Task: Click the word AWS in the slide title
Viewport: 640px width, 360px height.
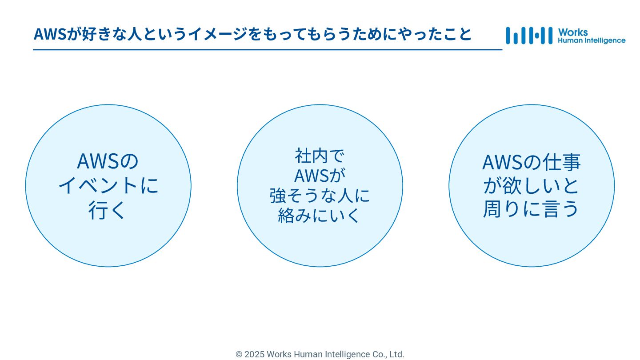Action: tap(50, 34)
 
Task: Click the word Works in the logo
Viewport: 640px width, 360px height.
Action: tap(573, 32)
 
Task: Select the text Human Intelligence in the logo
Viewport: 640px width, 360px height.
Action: tap(591, 40)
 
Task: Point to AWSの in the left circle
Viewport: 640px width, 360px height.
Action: tap(108, 161)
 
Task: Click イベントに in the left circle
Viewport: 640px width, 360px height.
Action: tap(108, 185)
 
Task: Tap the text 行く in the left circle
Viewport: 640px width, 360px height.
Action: tap(108, 210)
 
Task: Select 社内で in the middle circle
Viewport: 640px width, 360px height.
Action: tap(320, 156)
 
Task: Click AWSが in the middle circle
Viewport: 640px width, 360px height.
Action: tap(320, 176)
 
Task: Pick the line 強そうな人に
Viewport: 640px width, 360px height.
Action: tap(320, 196)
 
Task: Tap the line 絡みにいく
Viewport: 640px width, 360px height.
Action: tap(320, 216)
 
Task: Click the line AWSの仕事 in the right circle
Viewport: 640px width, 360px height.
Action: tap(532, 162)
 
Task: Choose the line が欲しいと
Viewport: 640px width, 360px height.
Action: tap(532, 186)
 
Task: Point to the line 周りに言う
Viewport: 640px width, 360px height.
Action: tap(532, 209)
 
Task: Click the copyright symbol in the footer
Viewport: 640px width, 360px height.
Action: tap(239, 354)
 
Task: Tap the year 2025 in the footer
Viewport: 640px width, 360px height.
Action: tap(254, 354)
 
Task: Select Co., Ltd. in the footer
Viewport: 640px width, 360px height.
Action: tap(388, 354)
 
